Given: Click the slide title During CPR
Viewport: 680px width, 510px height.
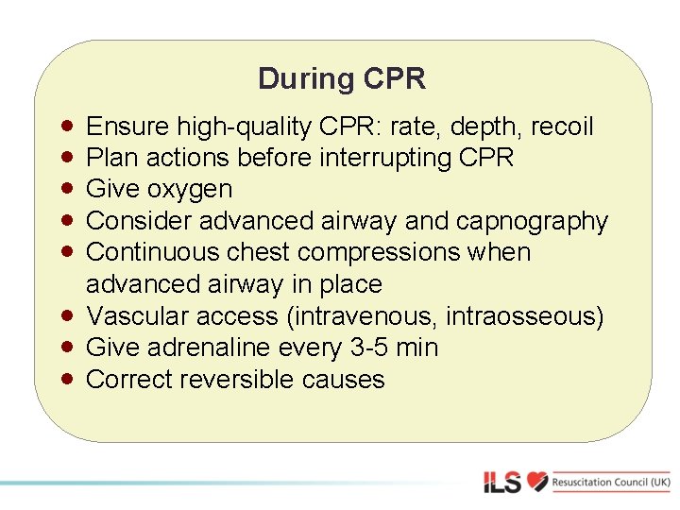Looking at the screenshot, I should tap(342, 78).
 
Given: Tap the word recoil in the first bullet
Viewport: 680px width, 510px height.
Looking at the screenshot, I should tap(561, 126).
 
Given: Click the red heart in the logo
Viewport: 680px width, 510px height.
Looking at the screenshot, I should tap(537, 482).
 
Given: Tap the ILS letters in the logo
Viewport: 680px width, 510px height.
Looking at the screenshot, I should tap(502, 483).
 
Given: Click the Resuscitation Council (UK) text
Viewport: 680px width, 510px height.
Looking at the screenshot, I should tap(612, 482).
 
